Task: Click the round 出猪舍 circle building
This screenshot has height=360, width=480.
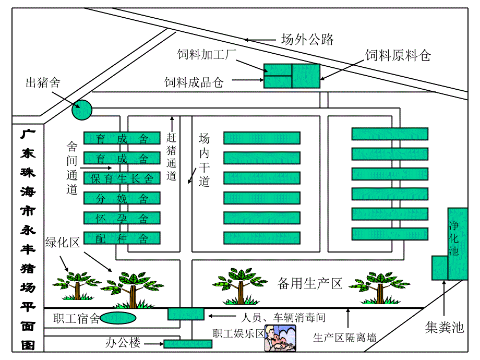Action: [x=82, y=110]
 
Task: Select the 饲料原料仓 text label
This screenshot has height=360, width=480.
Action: [x=398, y=55]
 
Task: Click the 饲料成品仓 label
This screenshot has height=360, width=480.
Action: [x=194, y=82]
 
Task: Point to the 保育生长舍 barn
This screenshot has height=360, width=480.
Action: [x=122, y=178]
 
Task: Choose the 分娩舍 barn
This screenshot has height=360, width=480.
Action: [x=122, y=198]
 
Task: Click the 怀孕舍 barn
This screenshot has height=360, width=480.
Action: [x=122, y=218]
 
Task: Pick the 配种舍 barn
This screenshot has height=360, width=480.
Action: [x=122, y=238]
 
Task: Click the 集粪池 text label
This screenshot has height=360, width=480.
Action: [x=444, y=328]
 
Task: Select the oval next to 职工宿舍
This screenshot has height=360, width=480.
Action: [x=118, y=318]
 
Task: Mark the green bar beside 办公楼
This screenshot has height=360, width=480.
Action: [x=184, y=344]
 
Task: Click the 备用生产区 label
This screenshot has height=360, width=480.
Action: [x=310, y=283]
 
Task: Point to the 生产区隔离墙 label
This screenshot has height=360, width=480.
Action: [x=344, y=338]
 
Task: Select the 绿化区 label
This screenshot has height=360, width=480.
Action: [x=62, y=243]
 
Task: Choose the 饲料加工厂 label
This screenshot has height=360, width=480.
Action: [x=207, y=54]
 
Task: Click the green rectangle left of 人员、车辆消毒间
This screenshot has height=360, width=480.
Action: [x=185, y=314]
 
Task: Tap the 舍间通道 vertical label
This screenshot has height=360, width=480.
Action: [x=72, y=167]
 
